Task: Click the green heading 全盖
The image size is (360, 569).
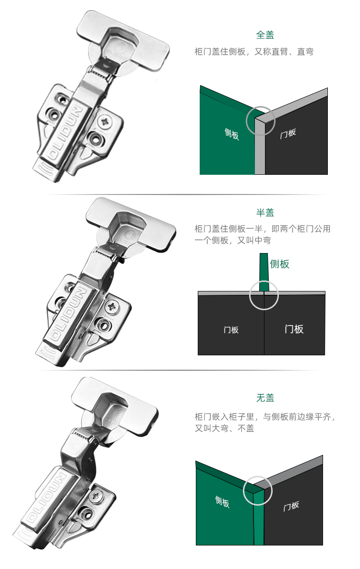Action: click(265, 35)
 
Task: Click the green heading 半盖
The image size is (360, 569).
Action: click(265, 213)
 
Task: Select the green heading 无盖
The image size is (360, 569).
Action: click(265, 398)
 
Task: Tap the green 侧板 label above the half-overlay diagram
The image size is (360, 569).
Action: click(280, 264)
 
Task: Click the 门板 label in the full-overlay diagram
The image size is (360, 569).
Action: click(288, 133)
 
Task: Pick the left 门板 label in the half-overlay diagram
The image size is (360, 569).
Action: click(231, 330)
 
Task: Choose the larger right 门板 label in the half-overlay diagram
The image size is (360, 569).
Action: click(294, 329)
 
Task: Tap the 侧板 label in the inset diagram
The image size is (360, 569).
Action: click(222, 502)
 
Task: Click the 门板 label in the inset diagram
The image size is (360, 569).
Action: click(291, 506)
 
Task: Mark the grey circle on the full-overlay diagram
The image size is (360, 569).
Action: click(260, 120)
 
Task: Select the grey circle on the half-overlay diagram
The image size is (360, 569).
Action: click(264, 295)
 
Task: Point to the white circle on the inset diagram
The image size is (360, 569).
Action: click(258, 490)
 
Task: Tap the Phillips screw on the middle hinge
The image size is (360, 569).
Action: click(113, 305)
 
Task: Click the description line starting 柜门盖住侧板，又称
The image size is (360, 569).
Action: click(254, 52)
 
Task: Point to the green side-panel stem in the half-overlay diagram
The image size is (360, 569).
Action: click(264, 272)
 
